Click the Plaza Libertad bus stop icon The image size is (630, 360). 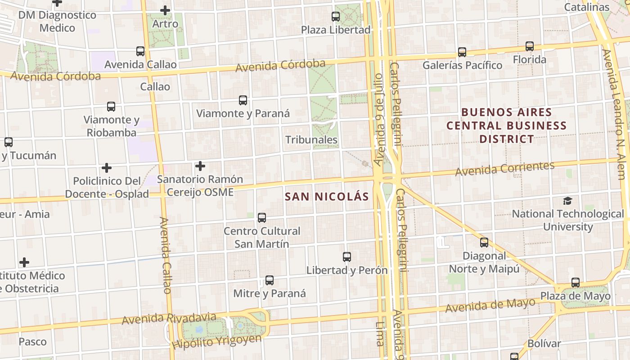(336, 17)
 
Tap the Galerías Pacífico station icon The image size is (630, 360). (462, 52)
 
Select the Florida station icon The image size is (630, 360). (530, 46)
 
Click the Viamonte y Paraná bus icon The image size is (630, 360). (243, 100)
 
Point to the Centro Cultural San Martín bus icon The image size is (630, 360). (262, 218)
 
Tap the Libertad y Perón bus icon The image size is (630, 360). (347, 257)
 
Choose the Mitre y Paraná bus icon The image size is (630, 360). (270, 280)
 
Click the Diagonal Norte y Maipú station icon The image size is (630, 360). (484, 243)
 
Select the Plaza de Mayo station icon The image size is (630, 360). (576, 283)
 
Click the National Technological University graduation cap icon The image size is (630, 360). (568, 201)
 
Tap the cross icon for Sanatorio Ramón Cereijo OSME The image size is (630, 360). (200, 166)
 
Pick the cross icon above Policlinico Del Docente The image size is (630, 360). (107, 168)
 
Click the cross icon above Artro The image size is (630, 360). (165, 10)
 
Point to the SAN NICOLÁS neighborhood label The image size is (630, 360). (327, 197)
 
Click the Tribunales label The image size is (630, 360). (311, 139)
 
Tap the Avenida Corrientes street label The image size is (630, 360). (505, 169)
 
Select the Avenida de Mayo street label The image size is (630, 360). (490, 306)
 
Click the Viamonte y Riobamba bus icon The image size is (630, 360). (111, 107)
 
